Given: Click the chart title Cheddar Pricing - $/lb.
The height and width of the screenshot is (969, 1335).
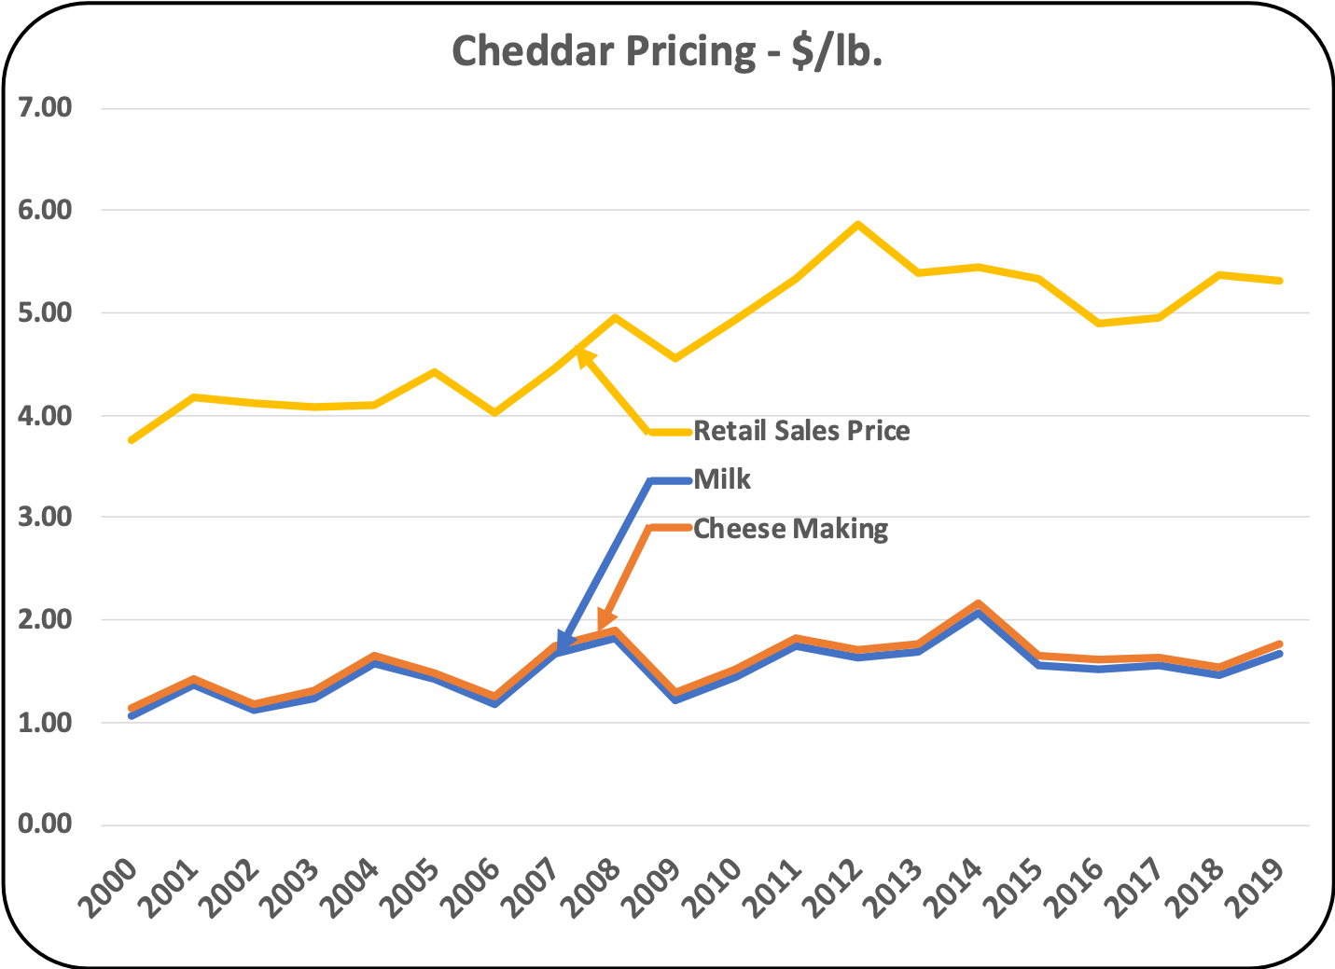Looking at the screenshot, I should pos(666,51).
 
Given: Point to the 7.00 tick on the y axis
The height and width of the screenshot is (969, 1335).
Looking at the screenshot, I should pos(45,107).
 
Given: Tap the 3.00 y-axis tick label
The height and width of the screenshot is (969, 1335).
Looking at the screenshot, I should pos(45,517).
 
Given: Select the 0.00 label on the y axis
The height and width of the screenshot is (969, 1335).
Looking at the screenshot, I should pos(45,824).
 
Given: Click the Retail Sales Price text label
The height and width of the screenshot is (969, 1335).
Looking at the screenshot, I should pos(801,431).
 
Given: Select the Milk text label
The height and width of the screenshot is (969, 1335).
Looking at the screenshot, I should pos(722,479).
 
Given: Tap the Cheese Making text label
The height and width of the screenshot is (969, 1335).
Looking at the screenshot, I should pos(790,529).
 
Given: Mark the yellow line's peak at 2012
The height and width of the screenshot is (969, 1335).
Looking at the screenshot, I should pos(857,224).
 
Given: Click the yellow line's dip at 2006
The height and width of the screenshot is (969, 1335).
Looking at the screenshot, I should pos(494,412).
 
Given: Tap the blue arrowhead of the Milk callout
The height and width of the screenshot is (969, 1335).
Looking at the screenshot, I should pos(563,643).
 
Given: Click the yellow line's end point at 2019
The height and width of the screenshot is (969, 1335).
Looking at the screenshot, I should pos(1280,280).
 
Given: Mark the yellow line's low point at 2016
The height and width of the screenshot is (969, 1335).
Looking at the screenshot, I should pos(1099,323).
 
